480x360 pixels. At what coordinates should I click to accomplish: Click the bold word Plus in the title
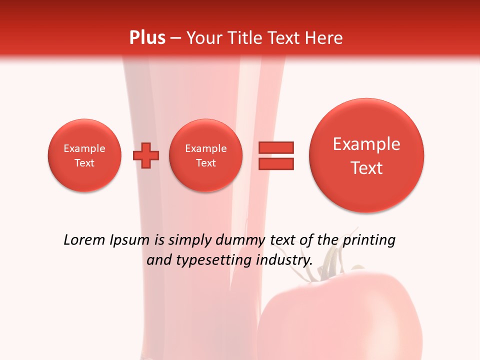click(x=147, y=38)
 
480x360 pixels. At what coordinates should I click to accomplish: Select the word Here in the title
click(x=324, y=38)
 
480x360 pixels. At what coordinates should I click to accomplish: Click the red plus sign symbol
click(x=146, y=155)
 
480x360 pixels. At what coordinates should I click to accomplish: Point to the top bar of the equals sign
click(x=275, y=147)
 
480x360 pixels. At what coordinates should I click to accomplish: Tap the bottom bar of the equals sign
click(x=275, y=163)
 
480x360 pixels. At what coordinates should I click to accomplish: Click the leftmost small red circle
click(x=84, y=155)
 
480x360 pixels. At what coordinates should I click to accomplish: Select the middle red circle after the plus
click(x=206, y=155)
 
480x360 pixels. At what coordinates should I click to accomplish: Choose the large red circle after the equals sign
click(x=366, y=155)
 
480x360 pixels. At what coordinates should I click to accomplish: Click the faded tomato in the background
click(x=340, y=315)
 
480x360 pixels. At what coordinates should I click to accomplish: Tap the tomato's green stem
click(x=327, y=260)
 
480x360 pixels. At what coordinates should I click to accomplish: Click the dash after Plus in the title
click(x=175, y=38)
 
